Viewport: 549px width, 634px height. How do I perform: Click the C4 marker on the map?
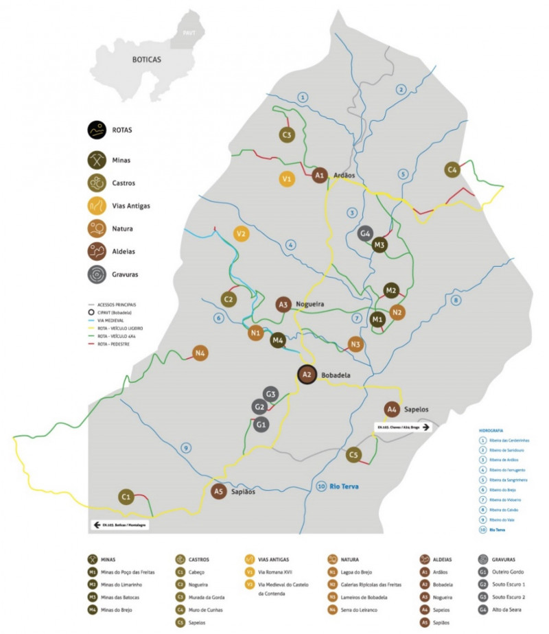tap(452, 169)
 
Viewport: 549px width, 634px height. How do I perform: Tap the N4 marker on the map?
tap(201, 353)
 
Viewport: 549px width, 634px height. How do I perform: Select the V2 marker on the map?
tap(241, 233)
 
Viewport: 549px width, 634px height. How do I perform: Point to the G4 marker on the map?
tap(366, 233)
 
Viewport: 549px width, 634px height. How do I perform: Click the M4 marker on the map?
tap(277, 340)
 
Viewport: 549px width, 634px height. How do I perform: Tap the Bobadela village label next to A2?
tap(336, 375)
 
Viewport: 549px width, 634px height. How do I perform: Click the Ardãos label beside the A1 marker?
tap(344, 176)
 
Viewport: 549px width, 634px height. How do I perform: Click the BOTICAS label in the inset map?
tap(146, 60)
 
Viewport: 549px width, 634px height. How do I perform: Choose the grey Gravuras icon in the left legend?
tap(97, 274)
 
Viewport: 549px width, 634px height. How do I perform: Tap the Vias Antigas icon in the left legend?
tap(97, 204)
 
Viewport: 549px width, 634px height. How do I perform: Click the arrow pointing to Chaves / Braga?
tap(425, 426)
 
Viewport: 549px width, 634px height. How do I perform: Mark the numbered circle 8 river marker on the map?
tap(455, 301)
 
